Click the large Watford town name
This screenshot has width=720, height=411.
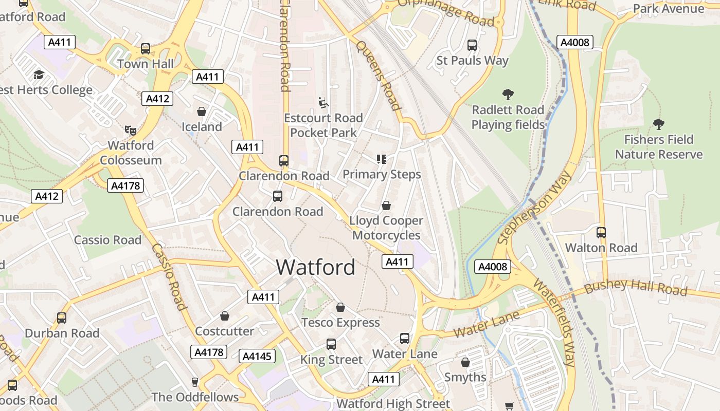tap(315, 267)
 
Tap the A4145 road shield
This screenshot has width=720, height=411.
tap(257, 356)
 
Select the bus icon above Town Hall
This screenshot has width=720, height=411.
tap(146, 49)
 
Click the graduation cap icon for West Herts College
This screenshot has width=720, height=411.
tap(39, 75)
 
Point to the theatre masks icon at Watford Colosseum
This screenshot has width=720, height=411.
tap(130, 130)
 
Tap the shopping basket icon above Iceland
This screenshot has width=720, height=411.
tap(202, 111)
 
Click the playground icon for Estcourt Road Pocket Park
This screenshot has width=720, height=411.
tap(323, 103)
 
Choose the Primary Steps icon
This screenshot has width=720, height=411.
tap(381, 159)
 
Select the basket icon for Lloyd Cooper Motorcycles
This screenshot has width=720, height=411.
tap(386, 206)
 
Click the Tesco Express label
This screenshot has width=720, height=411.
tap(340, 323)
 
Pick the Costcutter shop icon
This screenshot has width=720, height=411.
tap(224, 316)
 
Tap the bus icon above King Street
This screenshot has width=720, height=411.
tap(331, 344)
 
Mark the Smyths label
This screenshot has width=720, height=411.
tap(465, 377)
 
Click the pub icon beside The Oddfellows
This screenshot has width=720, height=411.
tap(194, 382)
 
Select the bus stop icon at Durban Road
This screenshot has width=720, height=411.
tap(62, 318)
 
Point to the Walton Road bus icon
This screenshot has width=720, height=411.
tap(601, 233)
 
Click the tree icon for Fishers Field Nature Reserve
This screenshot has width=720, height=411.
tap(658, 124)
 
